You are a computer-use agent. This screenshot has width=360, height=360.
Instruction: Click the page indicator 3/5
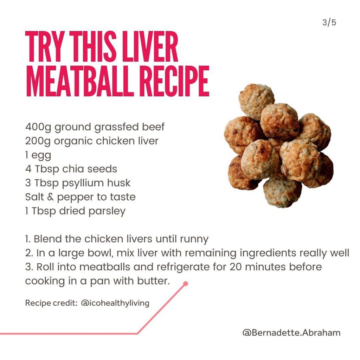click(x=329, y=22)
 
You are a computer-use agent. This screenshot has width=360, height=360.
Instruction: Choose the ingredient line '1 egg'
click(x=38, y=155)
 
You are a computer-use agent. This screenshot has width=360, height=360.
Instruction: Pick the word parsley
click(x=107, y=211)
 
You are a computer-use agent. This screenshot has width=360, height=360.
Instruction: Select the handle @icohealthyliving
click(x=115, y=303)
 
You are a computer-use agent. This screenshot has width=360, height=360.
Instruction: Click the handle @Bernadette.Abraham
click(x=291, y=333)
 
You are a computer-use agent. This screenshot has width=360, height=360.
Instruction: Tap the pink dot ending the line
click(x=186, y=284)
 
